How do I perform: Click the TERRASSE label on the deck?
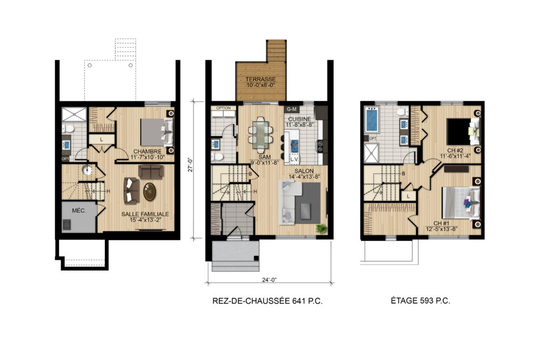pos(261,79)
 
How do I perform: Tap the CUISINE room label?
pos(300,119)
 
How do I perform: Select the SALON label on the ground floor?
pos(304,171)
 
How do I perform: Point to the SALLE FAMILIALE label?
pos(145,214)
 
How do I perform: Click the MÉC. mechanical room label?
pos(79,211)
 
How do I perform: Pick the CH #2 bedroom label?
pos(455,150)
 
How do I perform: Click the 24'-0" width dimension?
pos(269,280)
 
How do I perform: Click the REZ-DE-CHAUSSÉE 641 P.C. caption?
pos(267,301)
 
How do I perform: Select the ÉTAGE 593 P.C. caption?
pos(420,300)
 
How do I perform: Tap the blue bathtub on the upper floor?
pos(372,120)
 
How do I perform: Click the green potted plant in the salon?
pos(321,229)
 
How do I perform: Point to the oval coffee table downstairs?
pos(150,192)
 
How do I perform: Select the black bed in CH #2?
pos(458,131)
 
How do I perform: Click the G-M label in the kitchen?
pos(291,109)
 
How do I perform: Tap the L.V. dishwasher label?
pos(294,159)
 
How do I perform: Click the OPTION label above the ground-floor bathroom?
pos(224,108)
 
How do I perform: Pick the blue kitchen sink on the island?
pos(295,145)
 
